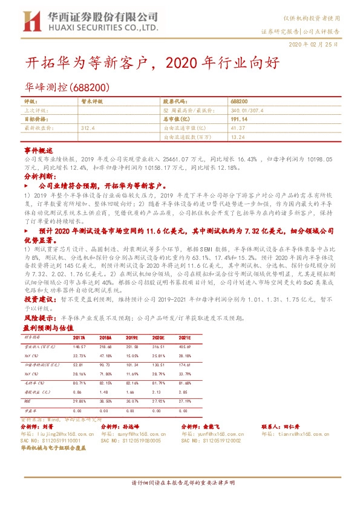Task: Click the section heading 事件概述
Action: (x=35, y=149)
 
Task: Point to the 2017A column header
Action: (x=79, y=337)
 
